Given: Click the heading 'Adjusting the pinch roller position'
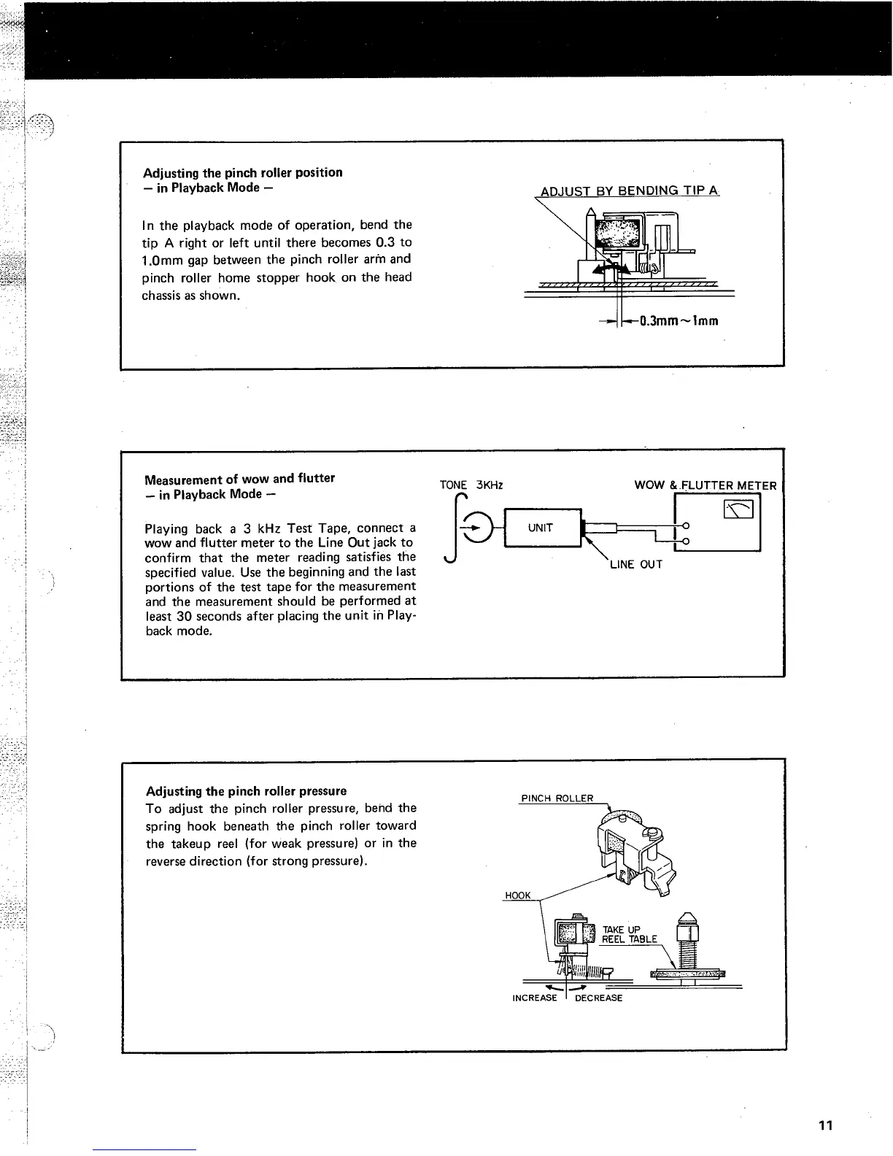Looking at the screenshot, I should point(243,172).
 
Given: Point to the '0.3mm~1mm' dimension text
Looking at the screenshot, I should point(679,320).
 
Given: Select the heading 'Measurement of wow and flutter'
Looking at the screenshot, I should point(239,479).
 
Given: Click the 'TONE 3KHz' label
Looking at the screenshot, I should point(471,485).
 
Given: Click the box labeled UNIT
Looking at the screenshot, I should point(541,528).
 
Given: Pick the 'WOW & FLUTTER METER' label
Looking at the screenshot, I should point(705,485).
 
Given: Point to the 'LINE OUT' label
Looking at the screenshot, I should point(635,564).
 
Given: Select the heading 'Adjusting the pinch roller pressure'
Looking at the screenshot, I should point(247,791).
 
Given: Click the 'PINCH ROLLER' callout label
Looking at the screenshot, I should point(557,798).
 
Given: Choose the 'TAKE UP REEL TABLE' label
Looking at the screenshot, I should point(628,934).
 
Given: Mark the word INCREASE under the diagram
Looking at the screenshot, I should point(535,998).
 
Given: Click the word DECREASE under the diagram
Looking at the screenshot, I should point(598,998).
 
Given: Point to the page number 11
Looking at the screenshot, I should point(825,1125).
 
